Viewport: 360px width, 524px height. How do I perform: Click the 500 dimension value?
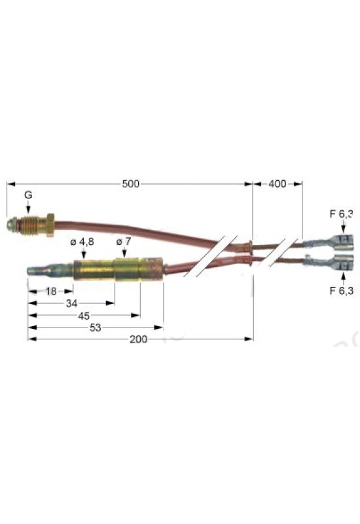click(130, 184)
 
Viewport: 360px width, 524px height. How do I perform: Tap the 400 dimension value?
click(277, 183)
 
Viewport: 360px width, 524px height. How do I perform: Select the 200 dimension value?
click(139, 339)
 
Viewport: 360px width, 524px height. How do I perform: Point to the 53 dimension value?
click(95, 328)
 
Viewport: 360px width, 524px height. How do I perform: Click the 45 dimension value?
click(84, 316)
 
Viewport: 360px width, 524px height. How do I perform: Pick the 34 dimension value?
click(71, 303)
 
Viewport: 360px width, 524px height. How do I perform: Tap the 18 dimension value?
click(51, 291)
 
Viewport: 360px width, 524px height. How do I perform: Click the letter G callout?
click(28, 195)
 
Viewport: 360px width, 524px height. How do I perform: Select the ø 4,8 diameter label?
click(82, 242)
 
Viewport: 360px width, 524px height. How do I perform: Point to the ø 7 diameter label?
click(124, 241)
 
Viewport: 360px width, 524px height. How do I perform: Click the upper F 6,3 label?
click(341, 214)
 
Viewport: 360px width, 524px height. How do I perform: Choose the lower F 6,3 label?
click(341, 290)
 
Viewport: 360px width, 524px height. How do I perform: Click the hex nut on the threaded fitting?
click(50, 225)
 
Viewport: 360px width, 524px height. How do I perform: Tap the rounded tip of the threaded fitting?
click(11, 225)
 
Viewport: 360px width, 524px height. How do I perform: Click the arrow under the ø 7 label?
click(124, 252)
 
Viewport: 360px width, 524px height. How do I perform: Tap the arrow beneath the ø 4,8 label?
click(83, 253)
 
